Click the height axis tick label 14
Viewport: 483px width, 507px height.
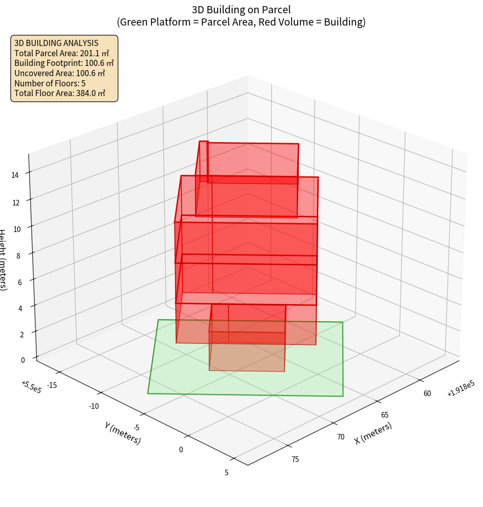[15, 175]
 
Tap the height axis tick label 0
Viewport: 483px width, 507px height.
[23, 360]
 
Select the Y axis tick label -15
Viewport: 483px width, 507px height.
[52, 385]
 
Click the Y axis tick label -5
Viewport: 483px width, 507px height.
[136, 427]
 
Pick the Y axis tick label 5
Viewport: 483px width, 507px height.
[226, 472]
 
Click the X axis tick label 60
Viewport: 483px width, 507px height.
[427, 393]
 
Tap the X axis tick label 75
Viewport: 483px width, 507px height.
[295, 459]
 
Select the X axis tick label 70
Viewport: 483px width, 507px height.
[341, 437]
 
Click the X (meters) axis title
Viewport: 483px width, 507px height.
[374, 433]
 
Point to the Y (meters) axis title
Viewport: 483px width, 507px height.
[122, 432]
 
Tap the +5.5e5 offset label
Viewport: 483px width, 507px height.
[32, 387]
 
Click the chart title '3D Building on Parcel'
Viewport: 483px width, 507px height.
[241, 10]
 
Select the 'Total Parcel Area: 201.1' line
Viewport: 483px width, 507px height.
[62, 53]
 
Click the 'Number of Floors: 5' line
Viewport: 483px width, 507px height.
[50, 83]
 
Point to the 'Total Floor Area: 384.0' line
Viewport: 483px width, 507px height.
[60, 93]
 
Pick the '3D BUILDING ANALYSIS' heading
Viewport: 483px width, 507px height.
[56, 43]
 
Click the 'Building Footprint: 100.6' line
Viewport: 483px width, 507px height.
[64, 63]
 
